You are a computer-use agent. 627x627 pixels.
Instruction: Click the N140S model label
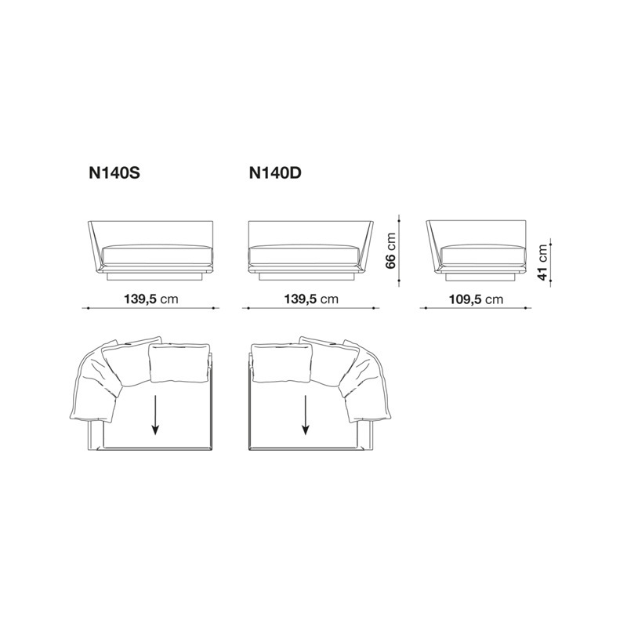(x=114, y=173)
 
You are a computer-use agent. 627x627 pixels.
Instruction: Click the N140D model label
(x=275, y=173)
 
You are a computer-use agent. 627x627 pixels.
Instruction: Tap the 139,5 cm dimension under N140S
(x=150, y=299)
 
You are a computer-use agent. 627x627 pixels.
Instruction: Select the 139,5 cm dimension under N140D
(x=311, y=299)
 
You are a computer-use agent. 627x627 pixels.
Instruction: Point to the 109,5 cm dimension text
(x=476, y=299)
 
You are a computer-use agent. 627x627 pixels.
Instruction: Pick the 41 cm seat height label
(x=542, y=263)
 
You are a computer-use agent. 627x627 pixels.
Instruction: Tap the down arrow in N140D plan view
(x=306, y=415)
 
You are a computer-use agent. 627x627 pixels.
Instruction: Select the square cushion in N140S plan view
(x=179, y=363)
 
